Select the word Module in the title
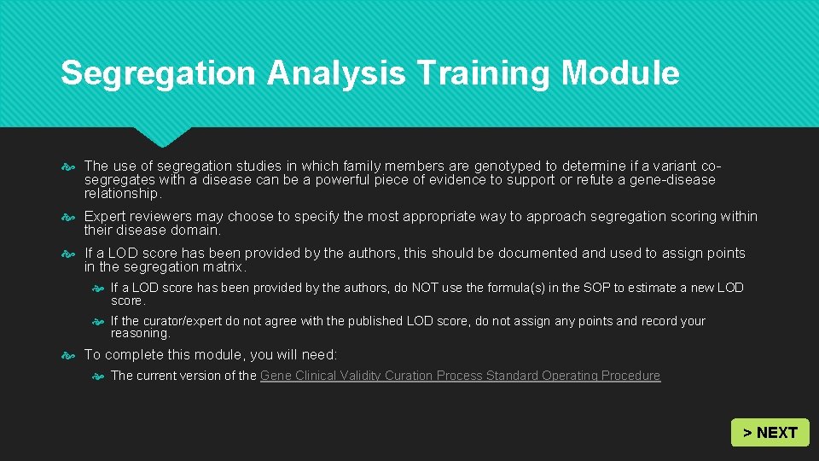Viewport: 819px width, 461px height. pyautogui.click(x=620, y=73)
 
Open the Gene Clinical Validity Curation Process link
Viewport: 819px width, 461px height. pyautogui.click(x=460, y=376)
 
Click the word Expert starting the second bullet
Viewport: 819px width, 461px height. pyautogui.click(x=106, y=216)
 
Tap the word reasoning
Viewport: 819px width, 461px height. pyautogui.click(x=140, y=334)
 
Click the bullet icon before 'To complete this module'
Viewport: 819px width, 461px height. pyautogui.click(x=71, y=355)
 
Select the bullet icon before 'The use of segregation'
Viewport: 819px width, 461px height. pyautogui.click(x=71, y=166)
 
